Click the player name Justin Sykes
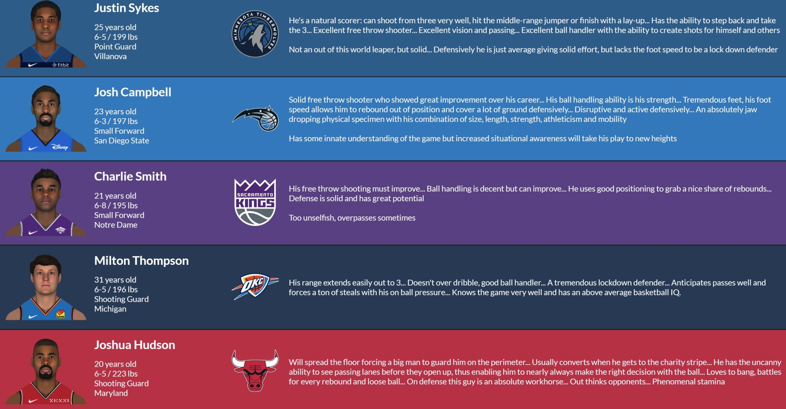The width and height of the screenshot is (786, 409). click(127, 8)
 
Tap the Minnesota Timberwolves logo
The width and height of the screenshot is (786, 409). click(255, 34)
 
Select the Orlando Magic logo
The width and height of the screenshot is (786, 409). click(255, 118)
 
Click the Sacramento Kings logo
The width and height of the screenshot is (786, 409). click(255, 202)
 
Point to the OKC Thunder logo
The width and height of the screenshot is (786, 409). click(255, 286)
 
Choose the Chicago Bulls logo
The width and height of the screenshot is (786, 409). click(255, 370)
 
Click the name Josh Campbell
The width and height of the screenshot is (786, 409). click(133, 92)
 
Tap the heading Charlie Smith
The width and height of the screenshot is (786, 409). click(130, 176)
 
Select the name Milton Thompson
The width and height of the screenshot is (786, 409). click(142, 261)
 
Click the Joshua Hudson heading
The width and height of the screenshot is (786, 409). click(135, 345)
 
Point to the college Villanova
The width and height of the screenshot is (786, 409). click(111, 56)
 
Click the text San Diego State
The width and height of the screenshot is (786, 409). click(122, 141)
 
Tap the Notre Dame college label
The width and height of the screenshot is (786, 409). click(116, 225)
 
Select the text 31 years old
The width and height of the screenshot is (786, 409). click(115, 280)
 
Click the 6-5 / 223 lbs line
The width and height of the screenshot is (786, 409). click(116, 374)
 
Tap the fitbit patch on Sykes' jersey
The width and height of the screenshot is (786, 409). click(61, 65)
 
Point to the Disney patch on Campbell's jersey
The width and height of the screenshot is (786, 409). click(60, 147)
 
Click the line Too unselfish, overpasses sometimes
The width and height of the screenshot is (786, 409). click(352, 218)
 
